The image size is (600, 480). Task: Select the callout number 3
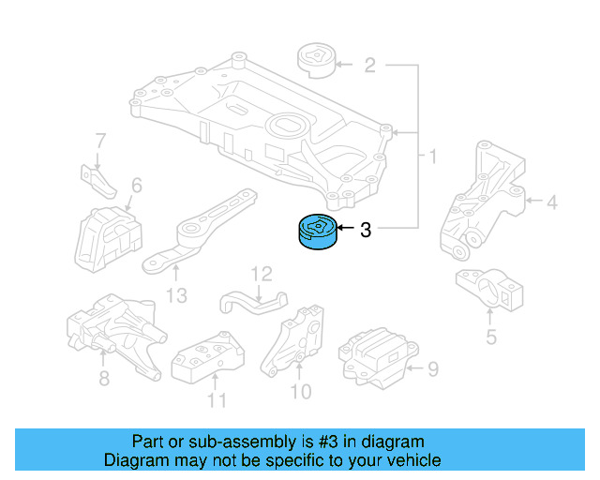click(366, 229)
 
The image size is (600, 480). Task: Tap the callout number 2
click(369, 66)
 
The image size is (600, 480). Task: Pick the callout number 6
click(136, 187)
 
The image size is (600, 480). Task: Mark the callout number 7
click(100, 142)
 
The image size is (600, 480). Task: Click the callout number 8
click(104, 379)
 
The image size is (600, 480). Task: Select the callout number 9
click(432, 369)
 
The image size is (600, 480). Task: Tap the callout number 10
click(301, 390)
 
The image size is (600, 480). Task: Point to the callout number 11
click(217, 402)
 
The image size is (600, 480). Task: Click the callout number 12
click(261, 274)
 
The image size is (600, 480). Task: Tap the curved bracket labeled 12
click(251, 301)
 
